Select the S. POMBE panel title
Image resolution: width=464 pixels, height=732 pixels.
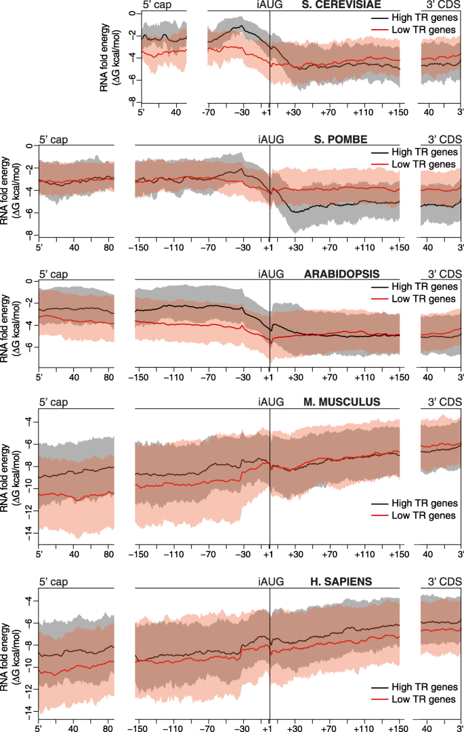(x=341, y=140)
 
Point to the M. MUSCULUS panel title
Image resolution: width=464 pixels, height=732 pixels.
(x=342, y=402)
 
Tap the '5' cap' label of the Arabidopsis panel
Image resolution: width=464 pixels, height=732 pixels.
(x=54, y=275)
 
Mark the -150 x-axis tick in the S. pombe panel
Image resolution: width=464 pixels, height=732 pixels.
(x=139, y=246)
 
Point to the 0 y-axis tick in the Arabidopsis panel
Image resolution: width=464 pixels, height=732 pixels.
(x=30, y=280)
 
